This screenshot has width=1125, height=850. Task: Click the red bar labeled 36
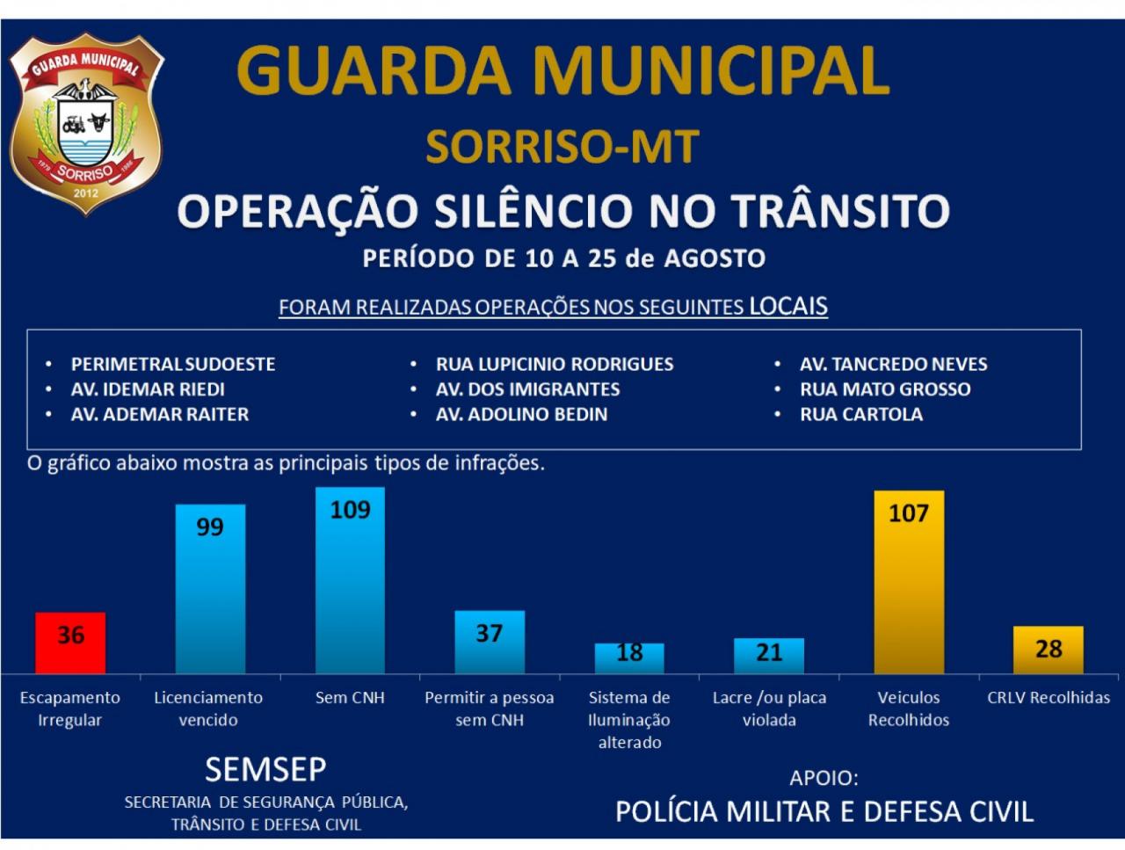70,643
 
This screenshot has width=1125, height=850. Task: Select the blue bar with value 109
350,580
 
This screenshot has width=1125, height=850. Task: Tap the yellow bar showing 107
909,582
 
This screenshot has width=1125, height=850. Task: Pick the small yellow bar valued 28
1048,650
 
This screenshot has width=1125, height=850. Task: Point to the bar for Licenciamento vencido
210,589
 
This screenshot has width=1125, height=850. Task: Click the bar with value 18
629,657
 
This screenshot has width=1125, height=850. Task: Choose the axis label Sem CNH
350,698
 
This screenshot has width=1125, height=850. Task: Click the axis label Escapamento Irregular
70,708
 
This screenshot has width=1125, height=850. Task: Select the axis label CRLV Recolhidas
1049,698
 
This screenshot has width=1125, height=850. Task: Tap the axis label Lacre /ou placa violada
769,708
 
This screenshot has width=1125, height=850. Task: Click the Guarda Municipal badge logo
86,122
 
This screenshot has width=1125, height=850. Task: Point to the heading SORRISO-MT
562,148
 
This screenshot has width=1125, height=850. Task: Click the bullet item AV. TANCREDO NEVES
893,364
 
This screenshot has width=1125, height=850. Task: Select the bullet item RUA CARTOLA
860,414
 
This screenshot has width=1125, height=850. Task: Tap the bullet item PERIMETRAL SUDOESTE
173,364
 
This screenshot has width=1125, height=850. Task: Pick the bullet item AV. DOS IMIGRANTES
527,389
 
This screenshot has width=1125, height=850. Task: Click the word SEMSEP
265,770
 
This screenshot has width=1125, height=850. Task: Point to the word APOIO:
824,778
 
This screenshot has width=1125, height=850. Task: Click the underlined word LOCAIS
788,307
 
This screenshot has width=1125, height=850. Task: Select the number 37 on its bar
490,633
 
